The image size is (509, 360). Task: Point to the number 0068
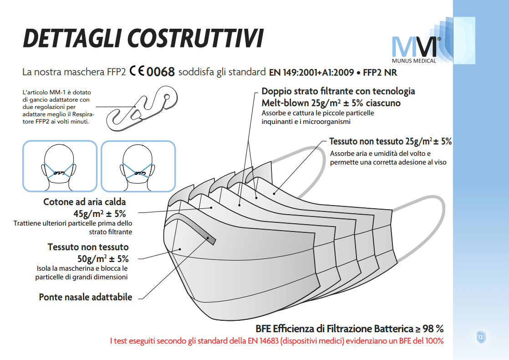click(x=161, y=72)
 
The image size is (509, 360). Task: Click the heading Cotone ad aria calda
click(x=84, y=201)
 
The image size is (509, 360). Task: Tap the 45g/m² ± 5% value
click(x=100, y=213)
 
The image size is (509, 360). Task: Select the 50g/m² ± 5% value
click(x=103, y=258)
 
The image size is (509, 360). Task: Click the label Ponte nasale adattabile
click(x=86, y=297)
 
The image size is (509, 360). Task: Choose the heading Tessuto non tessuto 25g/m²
click(x=390, y=141)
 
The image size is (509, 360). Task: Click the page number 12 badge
click(x=480, y=337)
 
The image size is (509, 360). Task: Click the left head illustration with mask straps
click(x=60, y=166)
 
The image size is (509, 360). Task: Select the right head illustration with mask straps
click(x=138, y=166)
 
